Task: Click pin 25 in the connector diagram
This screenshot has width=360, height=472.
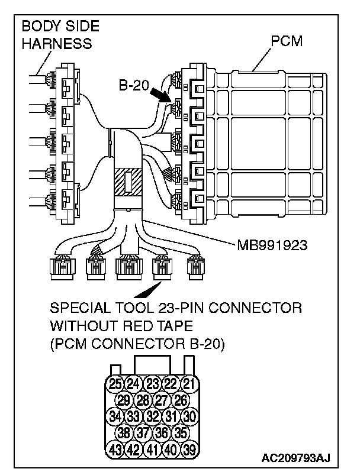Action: click(115, 383)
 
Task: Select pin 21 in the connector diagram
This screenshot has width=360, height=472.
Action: click(188, 383)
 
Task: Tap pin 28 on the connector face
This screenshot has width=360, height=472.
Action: click(142, 400)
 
